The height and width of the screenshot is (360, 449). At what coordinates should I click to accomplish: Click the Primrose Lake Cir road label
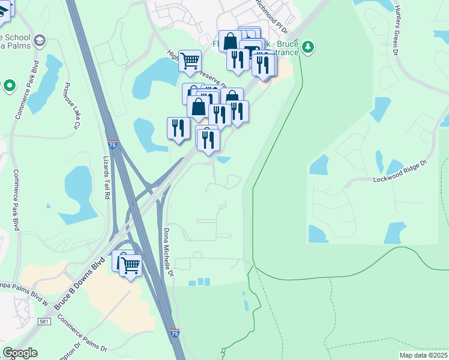pyautogui.click(x=71, y=107)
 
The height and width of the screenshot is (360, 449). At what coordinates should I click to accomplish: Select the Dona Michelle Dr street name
pyautogui.click(x=169, y=253)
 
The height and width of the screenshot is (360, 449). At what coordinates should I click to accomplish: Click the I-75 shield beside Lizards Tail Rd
pyautogui.click(x=111, y=145)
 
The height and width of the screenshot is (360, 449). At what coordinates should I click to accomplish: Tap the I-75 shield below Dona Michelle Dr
pyautogui.click(x=175, y=332)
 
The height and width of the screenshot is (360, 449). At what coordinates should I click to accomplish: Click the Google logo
pyautogui.click(x=20, y=353)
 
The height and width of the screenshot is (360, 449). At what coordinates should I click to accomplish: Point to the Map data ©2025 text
pyautogui.click(x=424, y=355)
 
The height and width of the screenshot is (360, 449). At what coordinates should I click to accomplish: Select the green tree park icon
pyautogui.click(x=308, y=47)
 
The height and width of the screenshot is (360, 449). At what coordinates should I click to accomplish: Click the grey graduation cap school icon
pyautogui.click(x=40, y=40)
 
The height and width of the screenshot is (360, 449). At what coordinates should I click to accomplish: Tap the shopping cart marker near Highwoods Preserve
pyautogui.click(x=190, y=61)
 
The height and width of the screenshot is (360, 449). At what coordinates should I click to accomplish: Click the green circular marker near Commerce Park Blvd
pyautogui.click(x=9, y=86)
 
